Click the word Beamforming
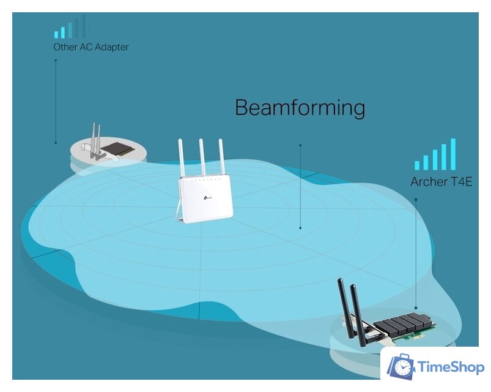300,108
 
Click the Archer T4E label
441,182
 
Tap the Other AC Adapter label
90,47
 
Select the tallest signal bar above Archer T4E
453,154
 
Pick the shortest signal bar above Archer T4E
417,165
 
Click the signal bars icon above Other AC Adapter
69,29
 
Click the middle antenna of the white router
201,159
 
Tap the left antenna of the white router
182,159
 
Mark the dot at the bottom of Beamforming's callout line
300,228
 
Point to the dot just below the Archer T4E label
416,199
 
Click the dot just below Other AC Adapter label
56,61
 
